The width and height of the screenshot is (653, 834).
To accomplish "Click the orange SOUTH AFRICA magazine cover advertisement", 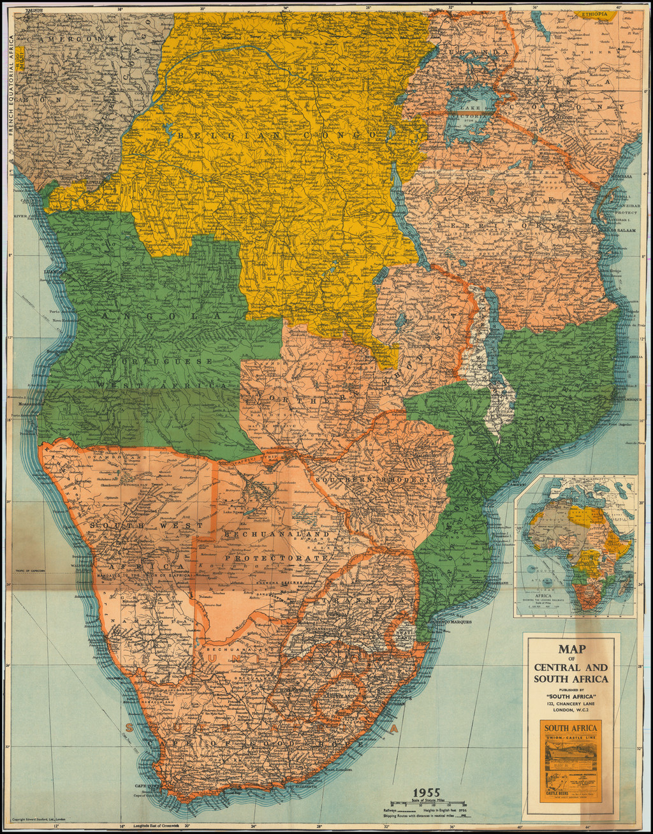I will (x=571, y=761).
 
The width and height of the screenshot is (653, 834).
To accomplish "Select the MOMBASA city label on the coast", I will (x=620, y=176).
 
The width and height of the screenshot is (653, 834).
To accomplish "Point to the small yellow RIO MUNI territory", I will (x=20, y=58).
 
